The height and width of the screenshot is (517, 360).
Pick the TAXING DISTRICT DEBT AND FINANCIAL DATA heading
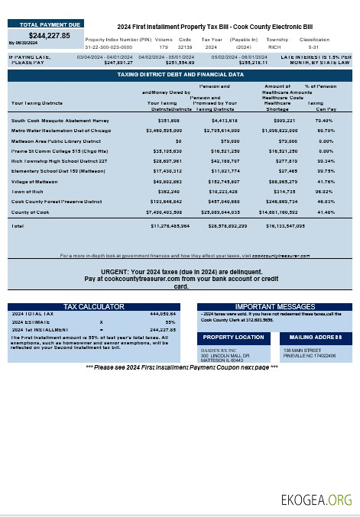[180, 75]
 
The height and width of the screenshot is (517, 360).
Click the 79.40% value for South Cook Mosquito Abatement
[323, 121]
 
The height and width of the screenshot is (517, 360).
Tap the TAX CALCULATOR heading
[93, 306]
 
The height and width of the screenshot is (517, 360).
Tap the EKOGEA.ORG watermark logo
[316, 500]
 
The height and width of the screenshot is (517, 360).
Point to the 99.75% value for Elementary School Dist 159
[323, 172]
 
